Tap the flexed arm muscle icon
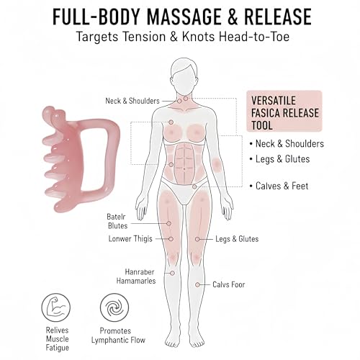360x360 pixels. (56, 307)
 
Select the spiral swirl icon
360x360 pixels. (114, 307)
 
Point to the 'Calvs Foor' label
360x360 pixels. (229, 284)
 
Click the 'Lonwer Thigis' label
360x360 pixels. (130, 239)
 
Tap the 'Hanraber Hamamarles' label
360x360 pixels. (136, 276)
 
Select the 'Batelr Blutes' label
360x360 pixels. (117, 221)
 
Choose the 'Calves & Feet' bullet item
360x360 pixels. (279, 186)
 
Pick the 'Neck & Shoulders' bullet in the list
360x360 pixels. (287, 144)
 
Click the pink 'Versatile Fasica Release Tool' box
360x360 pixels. (284, 111)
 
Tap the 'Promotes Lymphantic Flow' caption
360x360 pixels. (118, 336)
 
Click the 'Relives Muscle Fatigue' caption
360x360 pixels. (58, 339)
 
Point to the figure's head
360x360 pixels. (184, 75)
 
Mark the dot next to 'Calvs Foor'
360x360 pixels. (197, 285)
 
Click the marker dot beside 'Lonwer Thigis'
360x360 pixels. (171, 239)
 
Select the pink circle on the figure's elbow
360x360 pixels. (217, 165)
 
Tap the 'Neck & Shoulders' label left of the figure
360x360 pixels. (132, 101)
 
